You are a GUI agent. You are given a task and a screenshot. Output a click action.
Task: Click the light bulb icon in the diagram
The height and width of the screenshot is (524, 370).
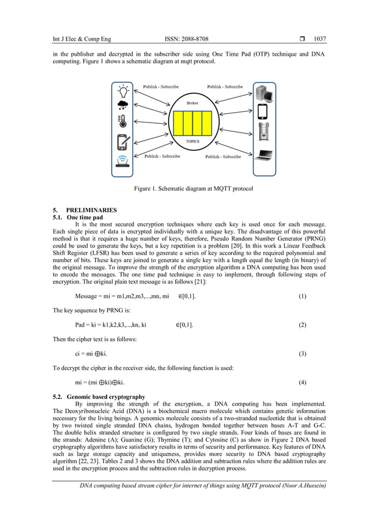pos(123,91)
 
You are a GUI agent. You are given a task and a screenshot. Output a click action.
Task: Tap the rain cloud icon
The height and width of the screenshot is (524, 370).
pos(123,106)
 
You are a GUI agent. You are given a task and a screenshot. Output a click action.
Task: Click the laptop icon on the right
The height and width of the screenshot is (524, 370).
pos(264,155)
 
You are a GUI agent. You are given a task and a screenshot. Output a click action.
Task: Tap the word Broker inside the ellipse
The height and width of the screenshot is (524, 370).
pos(192,103)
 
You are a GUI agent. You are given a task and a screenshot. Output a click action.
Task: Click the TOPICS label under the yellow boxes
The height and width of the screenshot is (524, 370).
pos(193,141)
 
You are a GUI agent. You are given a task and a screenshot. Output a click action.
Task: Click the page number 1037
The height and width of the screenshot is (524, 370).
pos(320,40)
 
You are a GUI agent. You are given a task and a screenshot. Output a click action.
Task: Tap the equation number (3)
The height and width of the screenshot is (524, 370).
pos(302,353)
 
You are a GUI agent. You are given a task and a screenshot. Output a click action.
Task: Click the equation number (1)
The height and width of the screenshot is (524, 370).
pos(302,296)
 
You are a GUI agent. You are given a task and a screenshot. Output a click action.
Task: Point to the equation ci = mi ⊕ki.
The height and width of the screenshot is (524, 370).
pos(90,353)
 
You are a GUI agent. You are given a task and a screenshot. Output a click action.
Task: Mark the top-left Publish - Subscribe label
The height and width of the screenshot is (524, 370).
pos(161,87)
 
